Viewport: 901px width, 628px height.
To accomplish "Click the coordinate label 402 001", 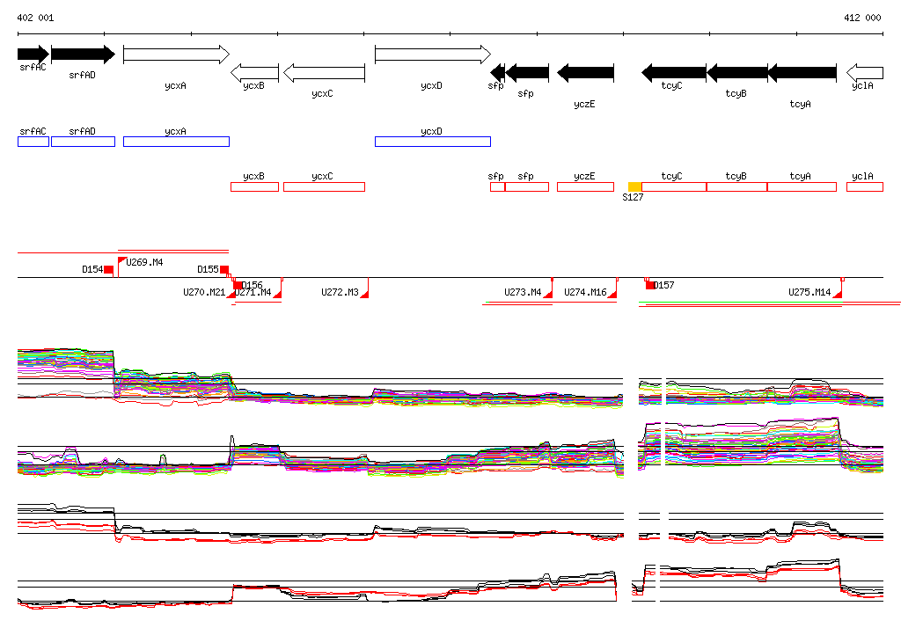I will [x=35, y=18].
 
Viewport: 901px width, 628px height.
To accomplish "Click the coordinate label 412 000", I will [x=861, y=18].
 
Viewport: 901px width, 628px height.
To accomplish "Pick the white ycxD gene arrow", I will [x=432, y=55].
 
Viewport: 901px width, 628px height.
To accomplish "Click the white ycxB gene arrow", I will [x=254, y=72].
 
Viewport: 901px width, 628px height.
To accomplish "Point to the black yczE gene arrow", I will [x=585, y=72].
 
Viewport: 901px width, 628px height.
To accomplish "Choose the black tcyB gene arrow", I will [x=736, y=72].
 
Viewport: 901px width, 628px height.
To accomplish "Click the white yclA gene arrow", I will [x=864, y=72].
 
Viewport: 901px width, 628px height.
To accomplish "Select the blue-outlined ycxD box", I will [x=432, y=142].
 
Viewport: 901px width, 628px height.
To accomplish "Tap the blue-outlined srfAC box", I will [x=33, y=142].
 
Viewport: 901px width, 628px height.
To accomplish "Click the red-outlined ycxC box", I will [x=324, y=186].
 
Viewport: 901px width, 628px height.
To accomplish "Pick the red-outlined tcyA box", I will [x=802, y=186].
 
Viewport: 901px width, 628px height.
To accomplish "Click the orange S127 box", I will [x=634, y=186].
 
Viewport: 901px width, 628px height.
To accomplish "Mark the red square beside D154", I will [x=108, y=269].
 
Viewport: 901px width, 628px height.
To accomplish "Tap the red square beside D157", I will [x=650, y=285].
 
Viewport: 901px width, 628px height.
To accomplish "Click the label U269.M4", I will [x=145, y=262].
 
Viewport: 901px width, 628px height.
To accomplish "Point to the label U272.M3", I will [x=340, y=292].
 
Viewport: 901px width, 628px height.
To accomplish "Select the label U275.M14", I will [x=809, y=292].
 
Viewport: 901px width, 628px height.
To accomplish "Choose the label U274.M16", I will [x=585, y=292].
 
